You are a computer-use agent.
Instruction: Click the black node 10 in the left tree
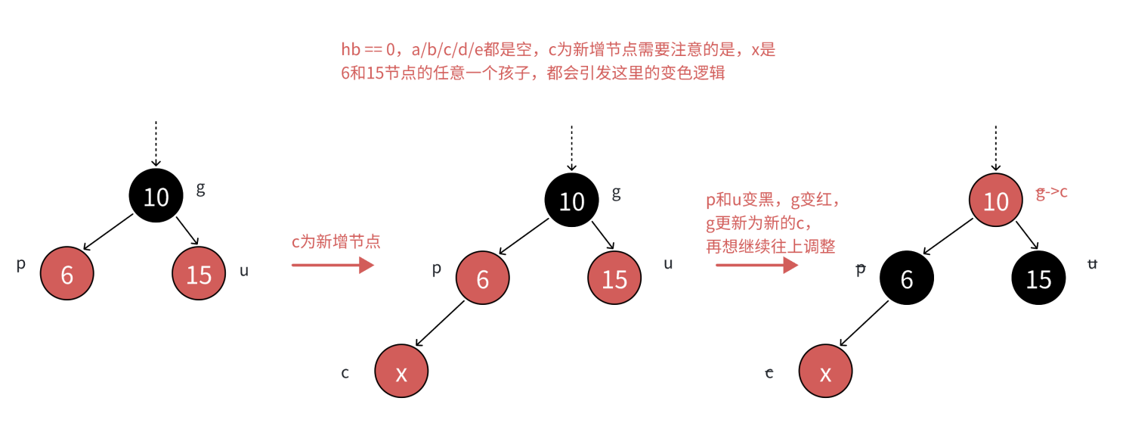(156, 197)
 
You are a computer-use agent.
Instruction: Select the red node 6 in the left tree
(67, 274)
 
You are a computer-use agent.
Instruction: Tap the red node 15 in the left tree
(199, 274)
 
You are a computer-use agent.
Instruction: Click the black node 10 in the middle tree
(571, 201)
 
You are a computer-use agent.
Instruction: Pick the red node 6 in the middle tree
(482, 279)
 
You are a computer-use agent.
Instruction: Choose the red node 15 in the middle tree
(614, 279)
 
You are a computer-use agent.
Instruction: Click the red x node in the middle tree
(401, 372)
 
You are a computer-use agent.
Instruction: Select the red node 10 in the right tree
(996, 201)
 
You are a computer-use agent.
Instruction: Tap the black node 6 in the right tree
(907, 279)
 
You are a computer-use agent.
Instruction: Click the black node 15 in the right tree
(1038, 279)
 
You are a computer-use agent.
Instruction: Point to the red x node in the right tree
(826, 372)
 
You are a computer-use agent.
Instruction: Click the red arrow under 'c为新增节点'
(333, 265)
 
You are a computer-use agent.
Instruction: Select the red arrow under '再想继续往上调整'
(756, 265)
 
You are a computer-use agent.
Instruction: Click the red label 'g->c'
(1051, 193)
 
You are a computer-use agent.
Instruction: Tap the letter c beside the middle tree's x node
(345, 372)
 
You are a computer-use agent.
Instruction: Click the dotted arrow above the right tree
(996, 147)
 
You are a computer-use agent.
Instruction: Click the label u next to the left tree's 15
(244, 270)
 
